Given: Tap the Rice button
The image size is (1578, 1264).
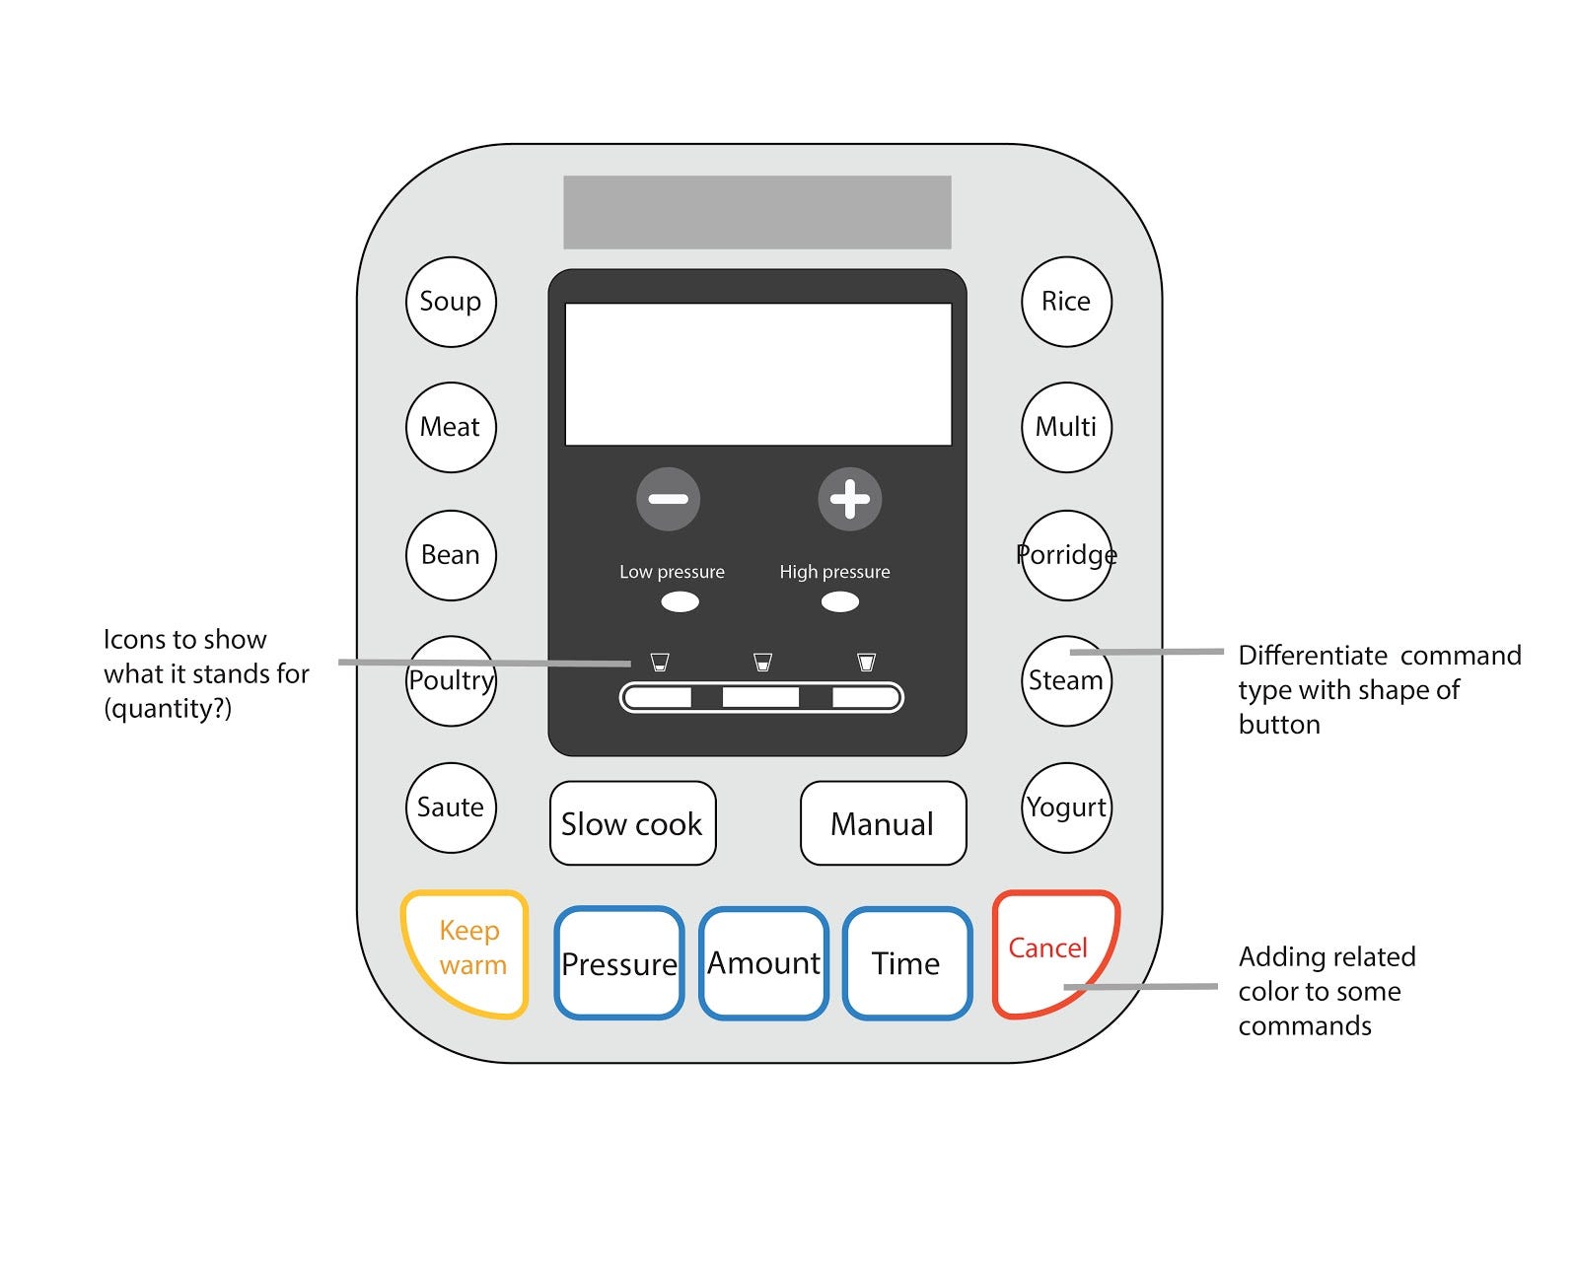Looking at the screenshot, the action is [1066, 302].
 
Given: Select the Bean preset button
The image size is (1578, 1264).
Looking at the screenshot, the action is [451, 555].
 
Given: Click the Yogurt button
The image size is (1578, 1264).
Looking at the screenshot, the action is [1066, 808].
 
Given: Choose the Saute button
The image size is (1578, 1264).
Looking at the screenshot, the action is [451, 808].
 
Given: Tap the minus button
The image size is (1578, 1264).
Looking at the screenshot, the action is [668, 499].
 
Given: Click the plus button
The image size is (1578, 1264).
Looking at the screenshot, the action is [850, 499].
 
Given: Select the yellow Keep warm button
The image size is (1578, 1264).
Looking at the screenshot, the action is [465, 953].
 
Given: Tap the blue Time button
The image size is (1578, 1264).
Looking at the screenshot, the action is [907, 962].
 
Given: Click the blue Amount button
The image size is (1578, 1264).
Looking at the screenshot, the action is [763, 962].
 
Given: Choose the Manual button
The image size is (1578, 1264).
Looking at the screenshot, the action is [883, 822].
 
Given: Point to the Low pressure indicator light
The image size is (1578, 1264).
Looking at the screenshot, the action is [680, 602].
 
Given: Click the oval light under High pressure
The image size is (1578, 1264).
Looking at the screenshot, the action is [839, 602].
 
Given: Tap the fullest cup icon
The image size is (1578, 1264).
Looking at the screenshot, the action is [866, 662].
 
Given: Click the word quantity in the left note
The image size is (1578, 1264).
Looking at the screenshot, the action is [168, 708].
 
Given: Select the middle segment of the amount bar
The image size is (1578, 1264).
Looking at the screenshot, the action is [760, 697].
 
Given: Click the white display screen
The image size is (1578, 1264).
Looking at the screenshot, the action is [758, 374].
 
